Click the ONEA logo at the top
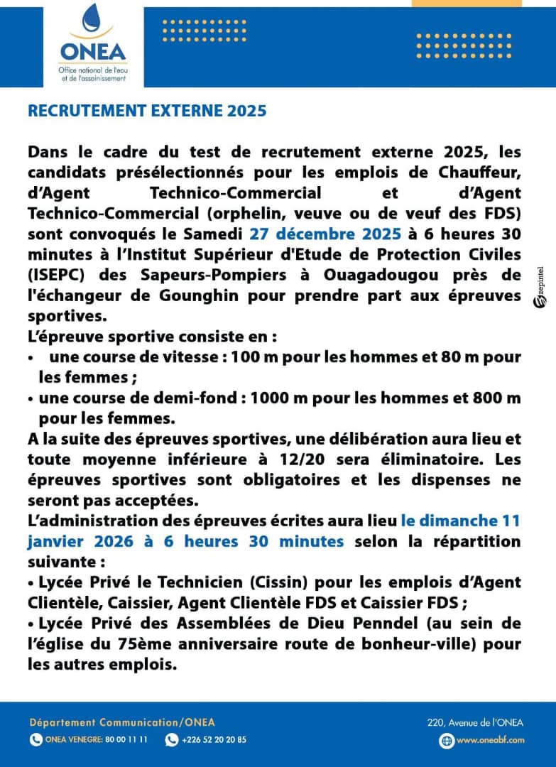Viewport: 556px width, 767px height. (x=93, y=42)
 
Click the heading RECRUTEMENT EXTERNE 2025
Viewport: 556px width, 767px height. (x=147, y=111)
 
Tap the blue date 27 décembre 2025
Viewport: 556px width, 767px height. (x=314, y=233)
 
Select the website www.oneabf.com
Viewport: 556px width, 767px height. (x=490, y=740)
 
